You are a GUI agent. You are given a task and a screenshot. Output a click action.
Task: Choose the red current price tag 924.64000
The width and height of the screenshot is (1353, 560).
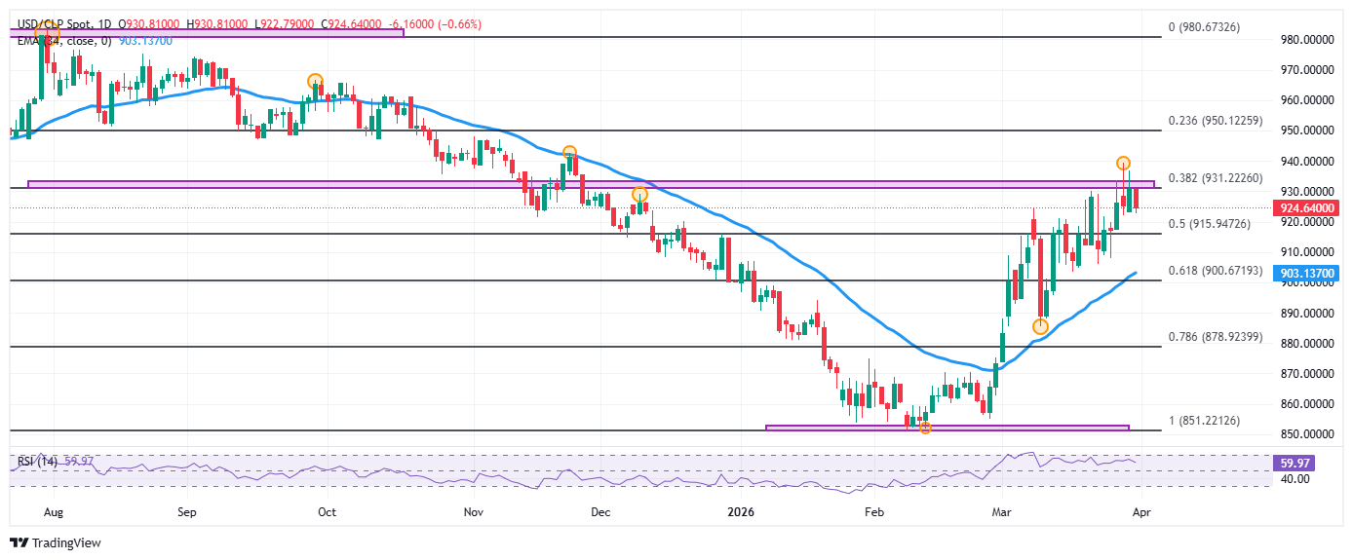[1305, 207]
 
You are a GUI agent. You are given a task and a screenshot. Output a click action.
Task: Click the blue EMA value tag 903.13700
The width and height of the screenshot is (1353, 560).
[1305, 275]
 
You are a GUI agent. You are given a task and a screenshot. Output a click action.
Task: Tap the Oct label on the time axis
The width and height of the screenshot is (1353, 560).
[327, 510]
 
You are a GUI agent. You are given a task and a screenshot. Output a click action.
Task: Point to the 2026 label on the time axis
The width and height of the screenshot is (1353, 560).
[742, 510]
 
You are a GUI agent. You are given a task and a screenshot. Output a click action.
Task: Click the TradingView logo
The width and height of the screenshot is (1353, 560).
[56, 542]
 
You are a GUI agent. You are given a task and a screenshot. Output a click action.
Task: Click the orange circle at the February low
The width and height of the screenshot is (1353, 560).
[925, 428]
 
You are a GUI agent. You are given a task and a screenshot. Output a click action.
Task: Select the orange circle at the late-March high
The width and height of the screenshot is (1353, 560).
[1123, 163]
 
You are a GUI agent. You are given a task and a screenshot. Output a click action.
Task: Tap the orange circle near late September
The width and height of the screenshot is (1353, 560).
[314, 81]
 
